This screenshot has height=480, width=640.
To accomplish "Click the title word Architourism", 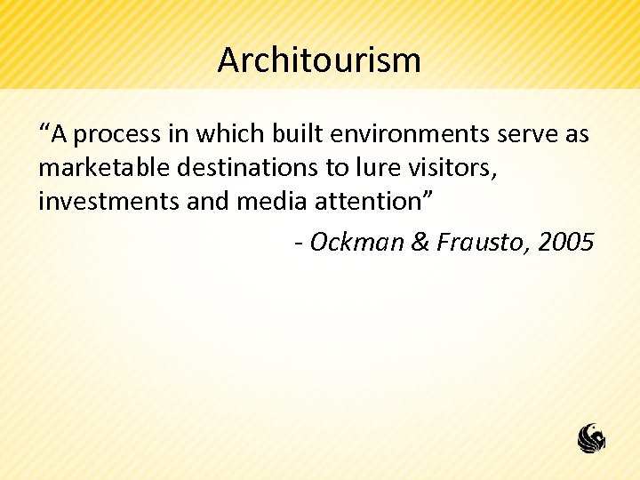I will point(319,60).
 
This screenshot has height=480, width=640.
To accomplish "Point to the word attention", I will point(374,202).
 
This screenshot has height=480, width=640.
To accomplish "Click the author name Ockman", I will point(357,241).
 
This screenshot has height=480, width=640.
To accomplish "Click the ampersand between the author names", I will point(420,241).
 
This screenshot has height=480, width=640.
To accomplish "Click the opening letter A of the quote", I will point(59,134).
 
